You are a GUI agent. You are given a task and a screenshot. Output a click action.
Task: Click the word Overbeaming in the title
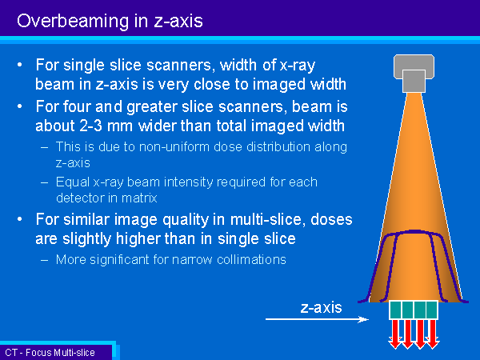73,22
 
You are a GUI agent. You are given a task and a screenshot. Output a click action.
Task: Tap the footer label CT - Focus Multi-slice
50,352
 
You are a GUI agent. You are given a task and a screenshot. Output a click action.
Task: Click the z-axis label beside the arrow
321,307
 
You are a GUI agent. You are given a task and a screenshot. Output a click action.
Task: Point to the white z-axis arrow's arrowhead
363,319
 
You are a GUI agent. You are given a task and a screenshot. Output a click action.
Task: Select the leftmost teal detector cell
395,310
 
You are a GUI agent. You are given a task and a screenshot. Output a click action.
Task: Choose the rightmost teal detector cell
432,310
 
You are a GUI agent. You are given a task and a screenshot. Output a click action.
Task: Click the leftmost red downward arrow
395,334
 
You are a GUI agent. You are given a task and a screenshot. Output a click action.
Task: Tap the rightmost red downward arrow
432,334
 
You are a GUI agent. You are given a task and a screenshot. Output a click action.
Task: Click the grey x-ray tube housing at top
414,73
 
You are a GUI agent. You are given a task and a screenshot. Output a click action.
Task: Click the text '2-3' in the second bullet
90,126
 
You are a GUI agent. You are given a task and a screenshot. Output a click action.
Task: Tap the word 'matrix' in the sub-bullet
139,198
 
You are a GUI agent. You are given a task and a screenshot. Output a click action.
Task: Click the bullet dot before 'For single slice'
20,65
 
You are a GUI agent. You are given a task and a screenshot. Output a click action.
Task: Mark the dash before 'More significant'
44,260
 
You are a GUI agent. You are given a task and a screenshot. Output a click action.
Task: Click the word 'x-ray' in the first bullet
298,66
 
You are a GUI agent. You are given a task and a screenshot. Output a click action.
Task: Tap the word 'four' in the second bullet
78,106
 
